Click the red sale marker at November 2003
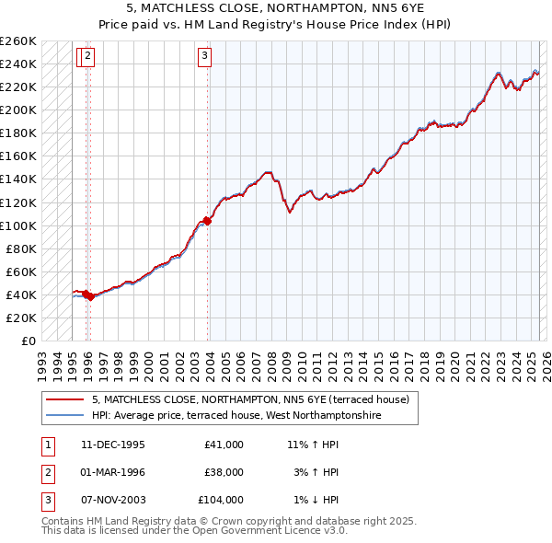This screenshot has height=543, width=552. pos(207,221)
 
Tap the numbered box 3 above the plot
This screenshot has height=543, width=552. pos(204,57)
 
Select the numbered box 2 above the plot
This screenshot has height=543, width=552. pos(87,57)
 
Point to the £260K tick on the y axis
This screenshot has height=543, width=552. pos(17,41)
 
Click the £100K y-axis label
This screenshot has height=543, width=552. pos(17,226)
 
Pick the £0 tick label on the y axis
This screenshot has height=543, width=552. pos(29,341)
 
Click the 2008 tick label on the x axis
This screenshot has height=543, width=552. pos(271,367)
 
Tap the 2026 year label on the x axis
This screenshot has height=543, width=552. pos(546,367)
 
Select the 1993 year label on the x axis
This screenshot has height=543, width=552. pos(42,367)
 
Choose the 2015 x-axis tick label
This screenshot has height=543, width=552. pos(379,367)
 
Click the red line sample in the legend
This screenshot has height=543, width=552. pos(64,399)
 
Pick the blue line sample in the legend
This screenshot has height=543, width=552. pos(64,415)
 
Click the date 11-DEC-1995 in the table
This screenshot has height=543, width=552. pos(113,445)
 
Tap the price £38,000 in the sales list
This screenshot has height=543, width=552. pos(224,472)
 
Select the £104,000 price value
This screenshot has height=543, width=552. pos(221,500)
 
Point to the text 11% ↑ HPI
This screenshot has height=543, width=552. pos(313,445)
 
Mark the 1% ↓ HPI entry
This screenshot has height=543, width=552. pos(316,500)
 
